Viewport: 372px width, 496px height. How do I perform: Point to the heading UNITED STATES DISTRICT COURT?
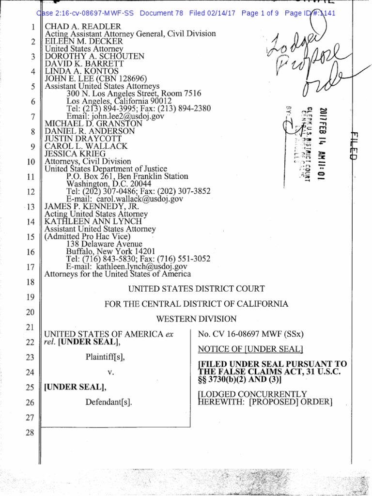click(x=196, y=289)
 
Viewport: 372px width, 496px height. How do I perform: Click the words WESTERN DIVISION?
click(x=196, y=319)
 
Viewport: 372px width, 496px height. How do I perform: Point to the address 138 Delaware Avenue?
click(x=104, y=244)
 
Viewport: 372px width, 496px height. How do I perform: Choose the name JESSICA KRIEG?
click(x=75, y=154)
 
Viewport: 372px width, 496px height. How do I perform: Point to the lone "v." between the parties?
click(x=110, y=372)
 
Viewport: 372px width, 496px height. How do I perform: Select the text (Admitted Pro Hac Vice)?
click(x=88, y=236)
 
